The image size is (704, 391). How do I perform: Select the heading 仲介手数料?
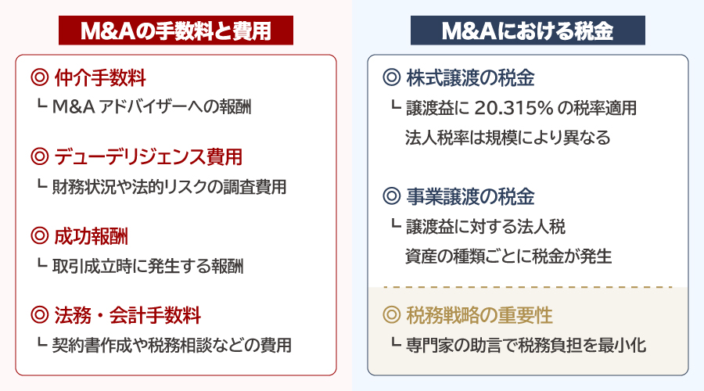(100, 78)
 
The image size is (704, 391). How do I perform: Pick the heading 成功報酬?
(92, 236)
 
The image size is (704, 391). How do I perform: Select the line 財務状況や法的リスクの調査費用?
(169, 187)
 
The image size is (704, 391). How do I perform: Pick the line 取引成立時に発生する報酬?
(148, 266)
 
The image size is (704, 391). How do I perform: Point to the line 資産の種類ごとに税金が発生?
(508, 256)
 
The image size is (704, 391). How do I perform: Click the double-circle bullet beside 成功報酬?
(39, 236)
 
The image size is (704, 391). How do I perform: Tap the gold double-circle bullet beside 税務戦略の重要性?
(391, 315)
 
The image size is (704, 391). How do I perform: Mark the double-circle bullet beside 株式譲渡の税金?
(391, 78)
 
